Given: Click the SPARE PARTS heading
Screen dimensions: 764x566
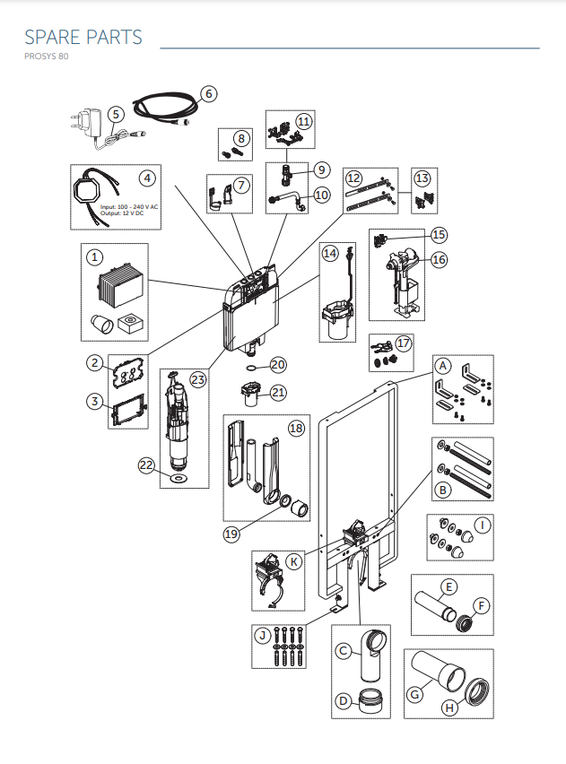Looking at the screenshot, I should (83, 37).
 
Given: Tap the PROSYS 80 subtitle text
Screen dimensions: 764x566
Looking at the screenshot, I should (46, 56).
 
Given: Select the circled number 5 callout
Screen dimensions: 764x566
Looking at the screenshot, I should (116, 114).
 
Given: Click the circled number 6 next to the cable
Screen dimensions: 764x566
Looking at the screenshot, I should (208, 93).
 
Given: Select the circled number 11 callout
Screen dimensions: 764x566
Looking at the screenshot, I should (304, 120).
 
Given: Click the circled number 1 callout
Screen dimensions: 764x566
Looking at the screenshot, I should (93, 257).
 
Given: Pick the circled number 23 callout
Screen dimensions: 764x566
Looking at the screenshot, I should (198, 378).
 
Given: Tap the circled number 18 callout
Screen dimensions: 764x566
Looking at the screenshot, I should (296, 428).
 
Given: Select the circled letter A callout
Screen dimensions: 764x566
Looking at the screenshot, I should (442, 366).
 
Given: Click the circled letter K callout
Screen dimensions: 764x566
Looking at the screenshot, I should (294, 561).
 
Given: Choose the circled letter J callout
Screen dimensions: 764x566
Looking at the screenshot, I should (263, 636).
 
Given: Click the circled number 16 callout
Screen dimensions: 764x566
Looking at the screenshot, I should (439, 259).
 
